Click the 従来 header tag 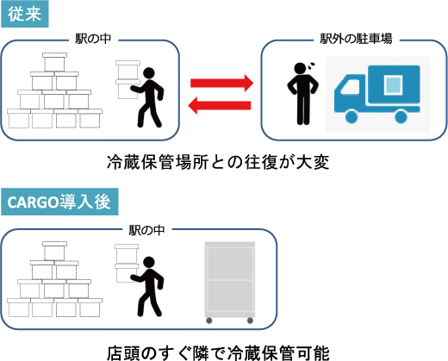click(25, 14)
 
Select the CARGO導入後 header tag click(59, 202)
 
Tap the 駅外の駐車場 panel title click(356, 39)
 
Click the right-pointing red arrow click(222, 83)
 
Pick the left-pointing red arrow click(220, 105)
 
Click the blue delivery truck click(377, 94)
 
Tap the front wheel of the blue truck click(352, 116)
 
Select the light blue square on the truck click(393, 84)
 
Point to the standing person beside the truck click(302, 94)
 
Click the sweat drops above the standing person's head click(311, 66)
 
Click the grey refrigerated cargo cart click(230, 283)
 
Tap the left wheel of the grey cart click(209, 321)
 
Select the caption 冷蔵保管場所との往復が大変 click(218, 163)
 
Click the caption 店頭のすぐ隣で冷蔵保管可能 click(218, 353)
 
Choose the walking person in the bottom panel click(147, 286)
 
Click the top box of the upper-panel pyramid click(54, 62)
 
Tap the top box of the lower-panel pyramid click(54, 251)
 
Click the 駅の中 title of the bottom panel click(146, 230)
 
